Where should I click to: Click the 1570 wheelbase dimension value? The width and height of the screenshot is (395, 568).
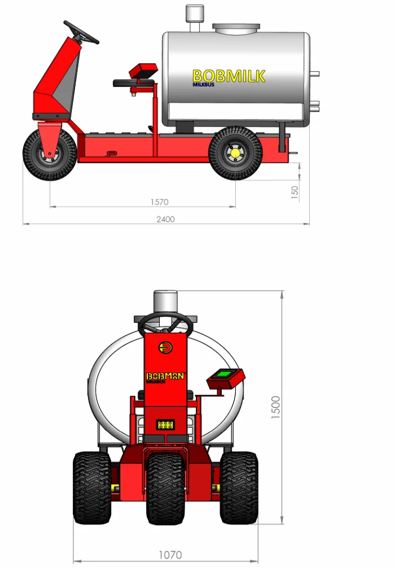(x=159, y=202)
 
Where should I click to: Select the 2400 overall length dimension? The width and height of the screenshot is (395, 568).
(x=165, y=219)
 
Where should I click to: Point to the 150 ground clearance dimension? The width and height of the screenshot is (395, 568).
(x=295, y=192)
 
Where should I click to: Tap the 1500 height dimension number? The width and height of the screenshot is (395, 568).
(x=276, y=408)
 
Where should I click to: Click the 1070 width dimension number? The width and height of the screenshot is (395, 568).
(x=170, y=555)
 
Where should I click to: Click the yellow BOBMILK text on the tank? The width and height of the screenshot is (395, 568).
(x=229, y=76)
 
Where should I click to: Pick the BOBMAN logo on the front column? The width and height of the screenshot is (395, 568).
(x=165, y=376)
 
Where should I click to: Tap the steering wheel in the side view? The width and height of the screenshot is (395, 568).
(x=81, y=32)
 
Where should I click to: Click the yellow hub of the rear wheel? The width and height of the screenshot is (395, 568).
(x=235, y=152)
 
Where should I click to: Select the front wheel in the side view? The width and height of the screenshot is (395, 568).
(x=50, y=155)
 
